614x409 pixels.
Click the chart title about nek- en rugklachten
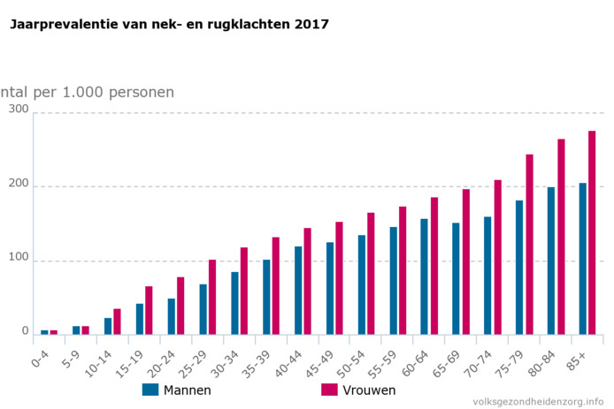point(169,25)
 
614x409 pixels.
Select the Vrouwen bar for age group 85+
point(592,232)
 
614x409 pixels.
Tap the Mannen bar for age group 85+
point(582,259)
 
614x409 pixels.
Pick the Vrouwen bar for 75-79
point(529,245)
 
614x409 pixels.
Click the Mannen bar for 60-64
point(424,276)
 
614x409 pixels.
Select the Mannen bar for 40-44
point(298,291)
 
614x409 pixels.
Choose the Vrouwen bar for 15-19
point(149,310)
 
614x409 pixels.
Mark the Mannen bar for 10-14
point(108,326)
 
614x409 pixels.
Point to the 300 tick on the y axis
point(19,109)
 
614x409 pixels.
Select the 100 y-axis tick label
point(19,258)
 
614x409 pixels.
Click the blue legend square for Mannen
point(150,390)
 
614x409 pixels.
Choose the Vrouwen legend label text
point(370,390)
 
